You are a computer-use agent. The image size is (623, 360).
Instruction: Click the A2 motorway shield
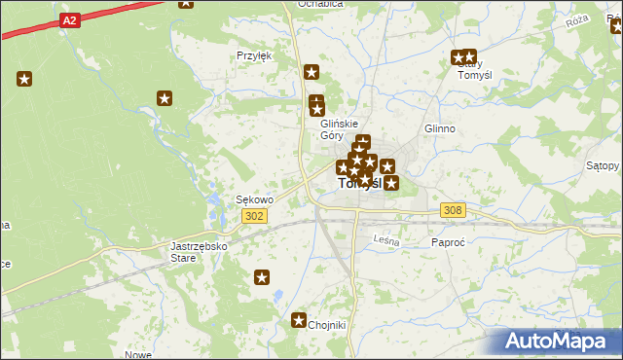pyautogui.click(x=68, y=19)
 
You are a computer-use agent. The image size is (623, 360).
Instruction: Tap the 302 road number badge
pyautogui.click(x=255, y=216)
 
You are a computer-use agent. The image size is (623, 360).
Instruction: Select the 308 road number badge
pyautogui.click(x=452, y=210)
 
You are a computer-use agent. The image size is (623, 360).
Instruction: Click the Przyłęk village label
pyautogui.click(x=254, y=55)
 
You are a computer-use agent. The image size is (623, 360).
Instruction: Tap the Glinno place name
pyautogui.click(x=440, y=128)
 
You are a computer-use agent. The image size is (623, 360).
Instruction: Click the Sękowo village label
pyautogui.click(x=255, y=199)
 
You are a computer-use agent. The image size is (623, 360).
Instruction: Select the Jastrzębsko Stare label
pyautogui.click(x=199, y=252)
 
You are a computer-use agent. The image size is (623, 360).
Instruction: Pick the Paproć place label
pyautogui.click(x=449, y=242)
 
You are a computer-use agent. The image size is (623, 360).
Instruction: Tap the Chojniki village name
pyautogui.click(x=327, y=326)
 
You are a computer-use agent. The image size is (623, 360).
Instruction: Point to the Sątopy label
pyautogui.click(x=603, y=165)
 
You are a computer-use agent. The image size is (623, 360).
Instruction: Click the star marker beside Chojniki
pyautogui.click(x=299, y=320)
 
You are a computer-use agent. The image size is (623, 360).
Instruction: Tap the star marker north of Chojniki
pyautogui.click(x=262, y=278)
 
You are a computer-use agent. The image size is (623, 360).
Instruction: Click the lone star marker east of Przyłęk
pyautogui.click(x=311, y=71)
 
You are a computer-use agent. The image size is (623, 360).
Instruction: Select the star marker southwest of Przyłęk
pyautogui.click(x=165, y=97)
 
